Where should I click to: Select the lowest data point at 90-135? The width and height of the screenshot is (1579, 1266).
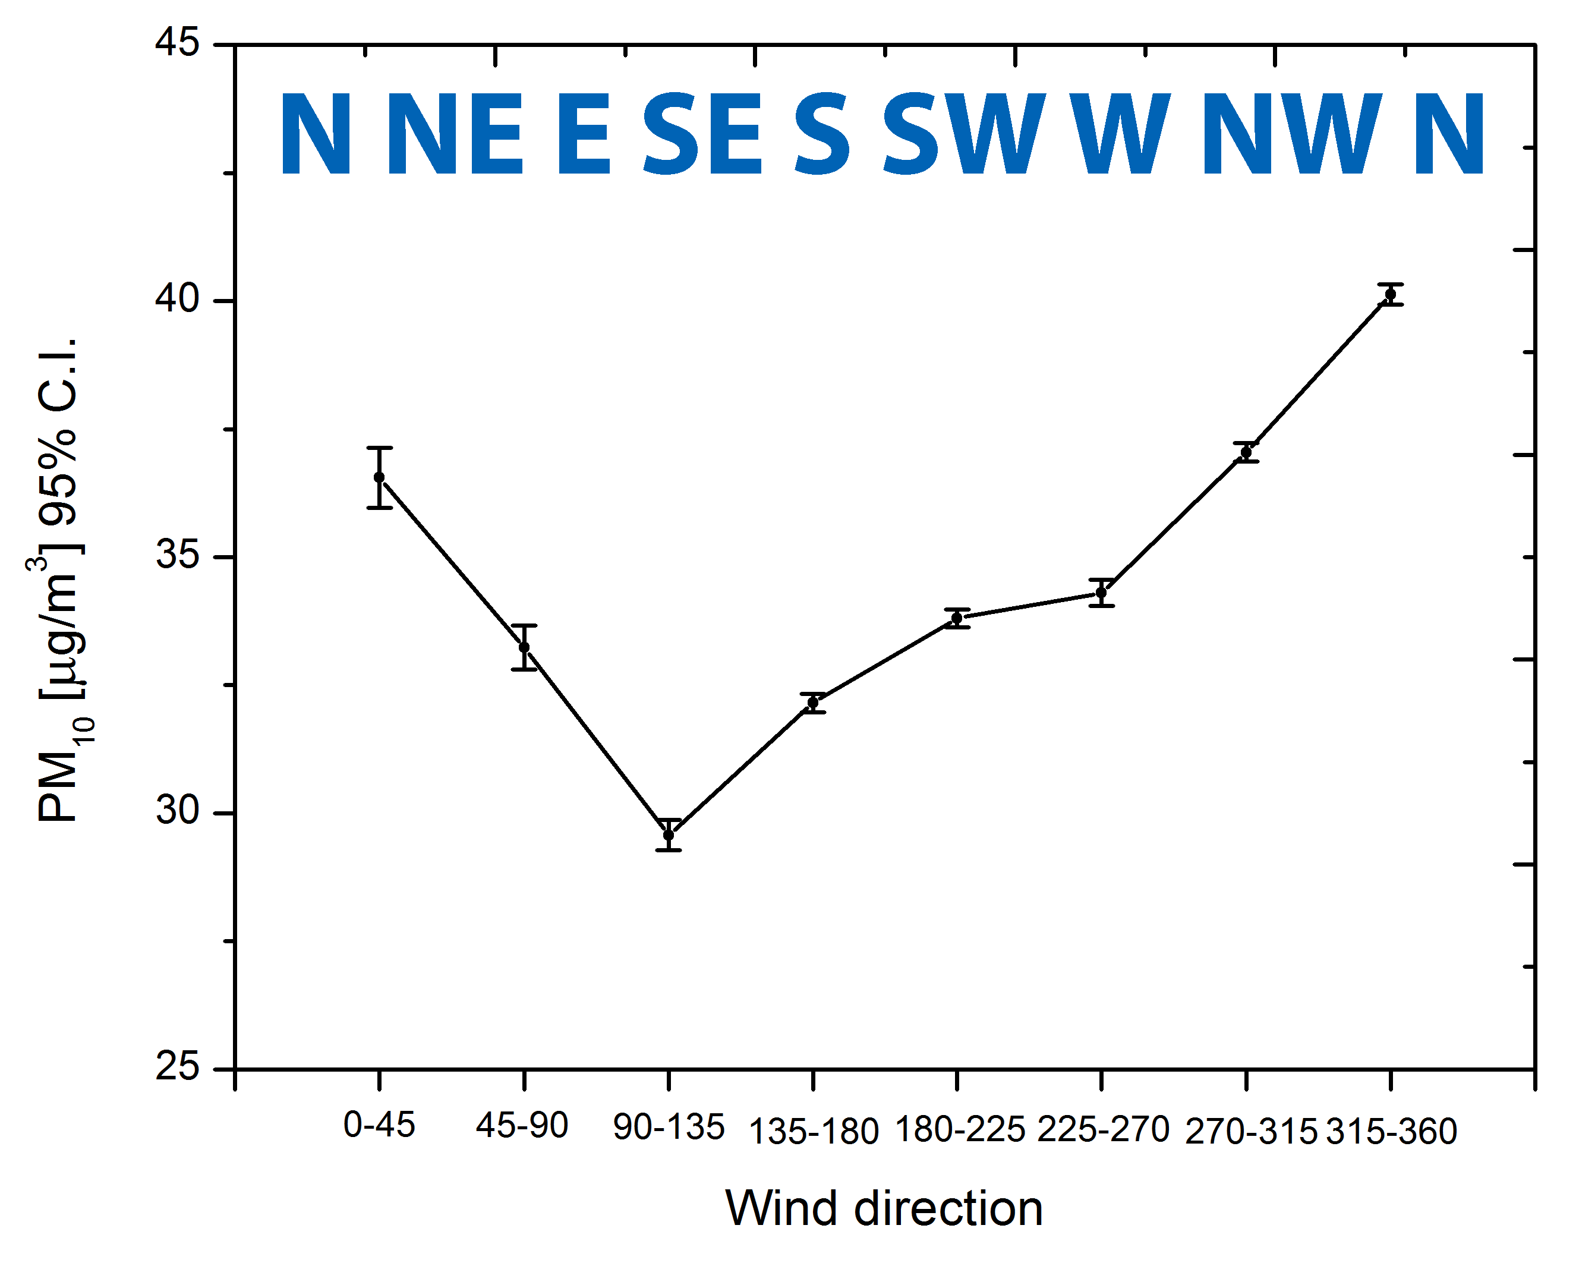tap(669, 835)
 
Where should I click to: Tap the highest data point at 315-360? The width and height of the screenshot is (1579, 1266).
tap(1390, 295)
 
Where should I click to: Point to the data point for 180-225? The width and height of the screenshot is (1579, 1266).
tap(956, 618)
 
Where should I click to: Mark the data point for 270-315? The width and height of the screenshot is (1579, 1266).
tap(1246, 453)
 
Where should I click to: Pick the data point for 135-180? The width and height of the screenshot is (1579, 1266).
tap(813, 703)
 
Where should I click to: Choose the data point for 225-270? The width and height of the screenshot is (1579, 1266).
tap(1101, 593)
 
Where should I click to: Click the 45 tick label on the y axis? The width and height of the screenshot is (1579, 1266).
tap(177, 42)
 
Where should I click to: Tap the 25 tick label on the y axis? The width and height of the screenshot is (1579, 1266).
tap(177, 1067)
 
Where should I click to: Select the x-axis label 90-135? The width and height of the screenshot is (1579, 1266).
tap(669, 1128)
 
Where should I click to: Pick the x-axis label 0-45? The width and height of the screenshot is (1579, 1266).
tap(379, 1125)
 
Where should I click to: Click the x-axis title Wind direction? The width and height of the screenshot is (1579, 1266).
tap(884, 1208)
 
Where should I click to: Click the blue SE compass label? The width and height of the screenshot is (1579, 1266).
tap(702, 135)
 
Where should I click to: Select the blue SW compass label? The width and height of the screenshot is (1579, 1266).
tap(964, 135)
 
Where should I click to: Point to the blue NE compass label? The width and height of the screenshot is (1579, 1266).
tap(455, 135)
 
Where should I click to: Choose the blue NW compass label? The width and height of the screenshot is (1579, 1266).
tap(1292, 135)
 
